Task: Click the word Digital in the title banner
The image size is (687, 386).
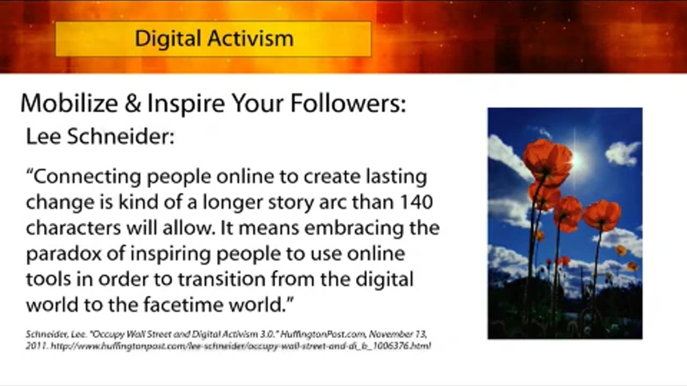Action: click(168, 39)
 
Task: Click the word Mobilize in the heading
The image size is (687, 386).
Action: click(69, 103)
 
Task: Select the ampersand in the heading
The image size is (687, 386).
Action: click(133, 103)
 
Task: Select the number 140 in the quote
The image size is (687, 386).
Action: click(416, 202)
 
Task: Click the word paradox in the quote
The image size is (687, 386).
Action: click(63, 255)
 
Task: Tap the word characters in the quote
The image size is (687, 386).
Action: click(74, 228)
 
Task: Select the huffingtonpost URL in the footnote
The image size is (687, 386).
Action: click(241, 346)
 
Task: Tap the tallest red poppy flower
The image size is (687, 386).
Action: click(548, 162)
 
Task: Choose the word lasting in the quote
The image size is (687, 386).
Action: click(396, 177)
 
